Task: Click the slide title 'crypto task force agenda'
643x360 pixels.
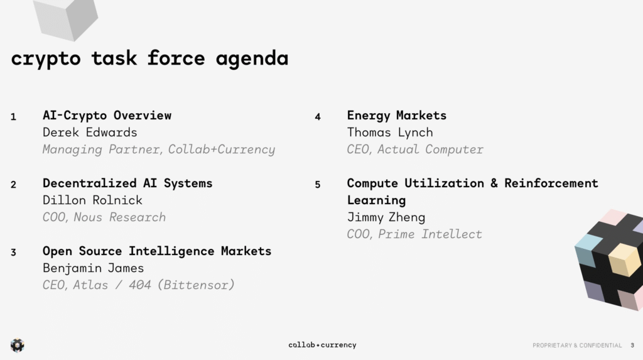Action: coord(149,58)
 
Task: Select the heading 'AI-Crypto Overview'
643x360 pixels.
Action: coord(107,116)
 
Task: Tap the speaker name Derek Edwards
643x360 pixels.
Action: coord(90,132)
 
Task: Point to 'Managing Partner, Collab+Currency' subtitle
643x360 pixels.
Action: coord(159,150)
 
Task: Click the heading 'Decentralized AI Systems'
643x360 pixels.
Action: coord(127,183)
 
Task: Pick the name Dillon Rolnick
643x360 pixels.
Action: coord(92,200)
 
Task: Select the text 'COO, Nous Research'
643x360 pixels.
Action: coord(104,217)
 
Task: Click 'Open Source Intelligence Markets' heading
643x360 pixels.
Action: coord(157,251)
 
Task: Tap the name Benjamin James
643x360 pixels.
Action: coord(93,268)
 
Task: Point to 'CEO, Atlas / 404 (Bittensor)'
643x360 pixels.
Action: coord(139,285)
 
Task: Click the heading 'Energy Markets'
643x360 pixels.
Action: coord(397,116)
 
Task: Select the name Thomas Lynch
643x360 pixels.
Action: coord(390,133)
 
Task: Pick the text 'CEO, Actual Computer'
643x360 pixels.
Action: coord(415,150)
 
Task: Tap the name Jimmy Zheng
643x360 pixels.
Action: coord(386,217)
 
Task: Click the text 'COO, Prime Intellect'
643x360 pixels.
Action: coord(414,234)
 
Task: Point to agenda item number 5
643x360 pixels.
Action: coord(317,185)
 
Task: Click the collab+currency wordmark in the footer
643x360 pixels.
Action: coord(322,345)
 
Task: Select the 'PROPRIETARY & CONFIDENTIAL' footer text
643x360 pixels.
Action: coord(577,345)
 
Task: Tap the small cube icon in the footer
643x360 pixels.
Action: coord(17,345)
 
